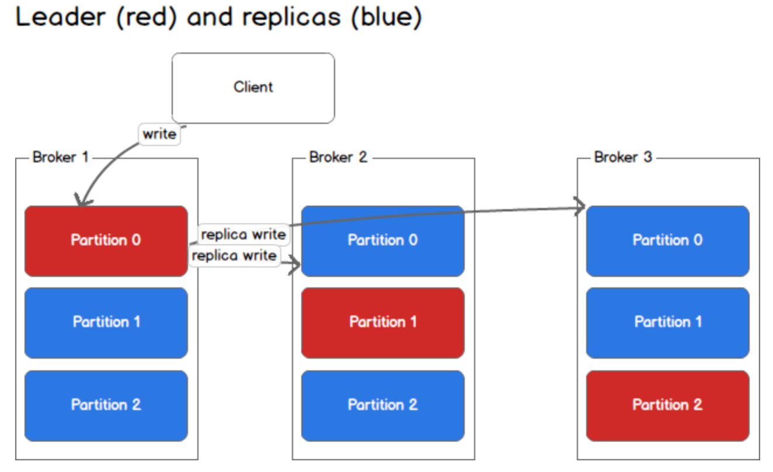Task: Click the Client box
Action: point(253,88)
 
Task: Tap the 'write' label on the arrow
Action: point(159,134)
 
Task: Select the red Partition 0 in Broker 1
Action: point(106,240)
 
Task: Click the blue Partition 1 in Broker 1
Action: point(106,322)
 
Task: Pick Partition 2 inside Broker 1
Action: point(106,405)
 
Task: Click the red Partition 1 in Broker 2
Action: point(382,322)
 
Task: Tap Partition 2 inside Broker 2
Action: point(382,405)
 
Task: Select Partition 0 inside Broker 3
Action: point(667,240)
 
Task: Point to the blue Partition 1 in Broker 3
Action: point(667,322)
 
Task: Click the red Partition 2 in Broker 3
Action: point(667,405)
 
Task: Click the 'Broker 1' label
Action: point(60,157)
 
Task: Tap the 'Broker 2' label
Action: point(338,157)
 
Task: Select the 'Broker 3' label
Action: point(622,157)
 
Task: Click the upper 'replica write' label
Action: point(243,234)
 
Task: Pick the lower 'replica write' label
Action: point(234,256)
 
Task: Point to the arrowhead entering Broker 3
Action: point(580,206)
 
